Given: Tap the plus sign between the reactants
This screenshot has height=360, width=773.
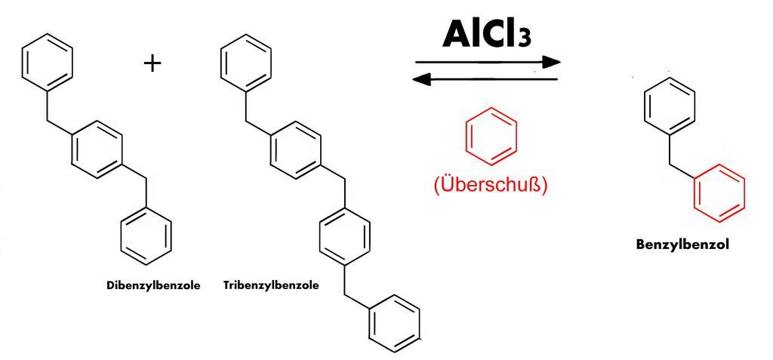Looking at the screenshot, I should [x=152, y=63].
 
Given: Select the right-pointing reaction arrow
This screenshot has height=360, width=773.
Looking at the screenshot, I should [x=488, y=62].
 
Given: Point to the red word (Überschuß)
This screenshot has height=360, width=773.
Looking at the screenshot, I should [x=490, y=184].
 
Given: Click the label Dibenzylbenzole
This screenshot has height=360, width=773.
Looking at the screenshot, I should [x=153, y=286].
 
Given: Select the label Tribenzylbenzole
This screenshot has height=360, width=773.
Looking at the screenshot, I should [x=271, y=286].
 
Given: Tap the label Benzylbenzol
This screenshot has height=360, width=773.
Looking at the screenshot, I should [x=682, y=245].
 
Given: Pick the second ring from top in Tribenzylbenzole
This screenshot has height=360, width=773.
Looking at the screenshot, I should [x=295, y=150].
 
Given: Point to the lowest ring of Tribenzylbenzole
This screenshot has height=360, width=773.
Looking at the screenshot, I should [x=394, y=324].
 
